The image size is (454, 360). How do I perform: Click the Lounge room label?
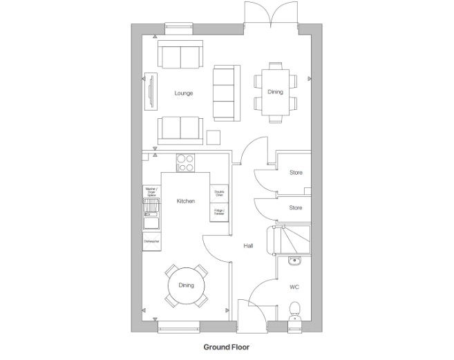(184, 93)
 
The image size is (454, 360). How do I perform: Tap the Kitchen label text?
(185, 201)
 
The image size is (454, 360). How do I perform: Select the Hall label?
(248, 245)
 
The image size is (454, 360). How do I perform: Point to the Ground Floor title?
(226, 348)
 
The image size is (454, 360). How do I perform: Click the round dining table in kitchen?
(186, 285)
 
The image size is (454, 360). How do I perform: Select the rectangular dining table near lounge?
(275, 91)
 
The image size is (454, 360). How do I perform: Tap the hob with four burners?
(185, 162)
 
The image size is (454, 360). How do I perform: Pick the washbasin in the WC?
(294, 261)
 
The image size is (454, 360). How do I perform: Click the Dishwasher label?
(151, 241)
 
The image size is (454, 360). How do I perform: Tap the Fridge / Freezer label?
(219, 212)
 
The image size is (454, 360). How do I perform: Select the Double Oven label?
(219, 193)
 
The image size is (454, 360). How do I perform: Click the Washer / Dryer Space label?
(151, 191)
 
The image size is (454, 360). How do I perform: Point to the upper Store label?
(295, 173)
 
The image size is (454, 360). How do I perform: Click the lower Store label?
(295, 207)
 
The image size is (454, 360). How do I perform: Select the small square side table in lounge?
(214, 136)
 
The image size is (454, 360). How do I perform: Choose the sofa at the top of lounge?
(180, 55)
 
